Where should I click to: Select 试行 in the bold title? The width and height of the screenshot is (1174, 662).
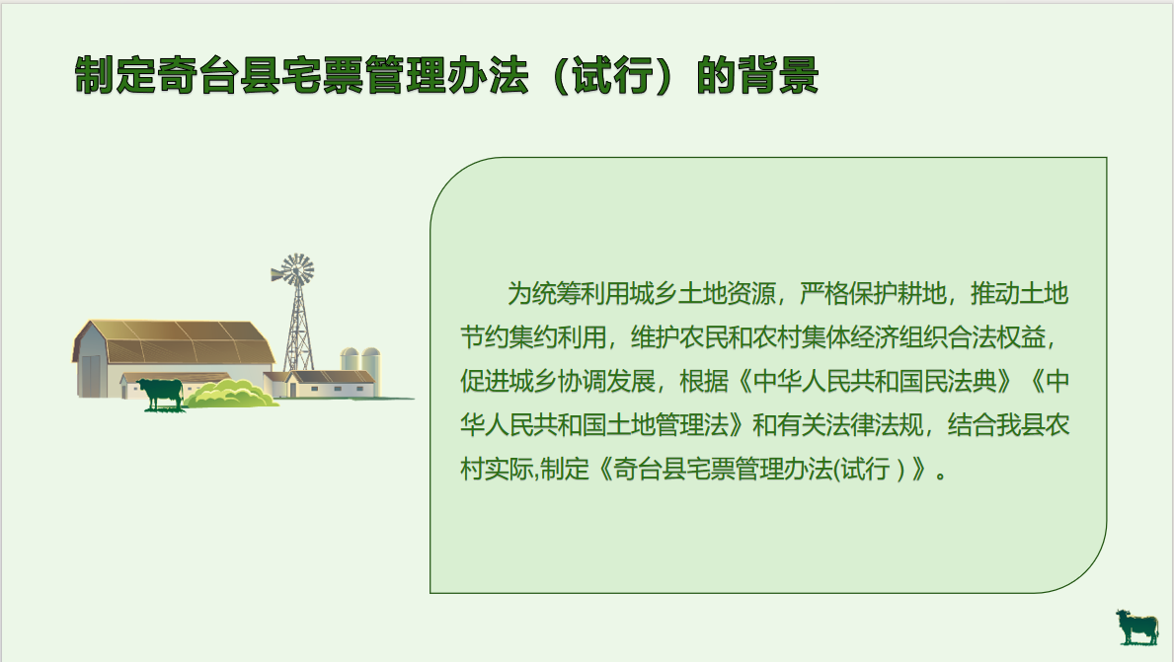[613, 76]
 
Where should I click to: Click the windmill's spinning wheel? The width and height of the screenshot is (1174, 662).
[294, 270]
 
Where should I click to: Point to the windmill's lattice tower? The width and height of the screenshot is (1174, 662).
[299, 330]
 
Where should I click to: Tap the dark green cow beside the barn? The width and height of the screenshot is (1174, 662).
[161, 393]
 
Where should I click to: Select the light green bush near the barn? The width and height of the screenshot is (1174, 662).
[232, 394]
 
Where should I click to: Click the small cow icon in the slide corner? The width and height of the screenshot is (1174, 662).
[1136, 626]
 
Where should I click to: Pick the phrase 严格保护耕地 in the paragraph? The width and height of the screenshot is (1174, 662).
[873, 294]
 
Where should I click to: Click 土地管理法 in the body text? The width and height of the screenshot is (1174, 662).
[667, 425]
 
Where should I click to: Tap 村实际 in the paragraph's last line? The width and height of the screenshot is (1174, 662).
[497, 469]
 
